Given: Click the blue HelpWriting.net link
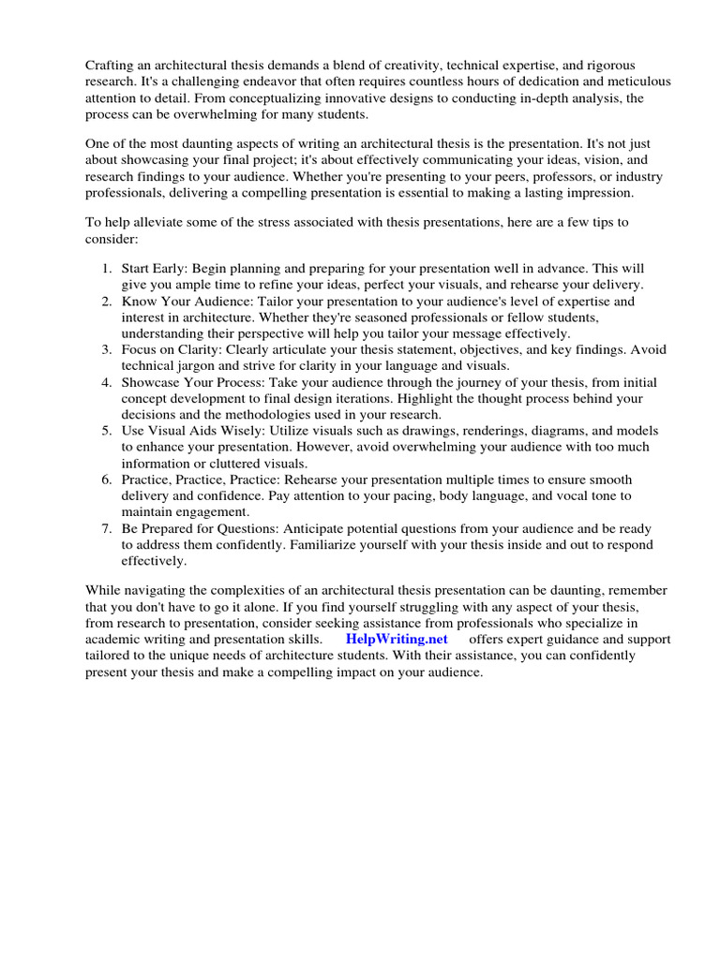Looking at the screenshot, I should (398, 639).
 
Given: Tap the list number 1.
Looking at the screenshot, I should (106, 268).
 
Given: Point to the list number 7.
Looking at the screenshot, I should (106, 528).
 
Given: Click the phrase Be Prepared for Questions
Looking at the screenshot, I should (200, 528).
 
